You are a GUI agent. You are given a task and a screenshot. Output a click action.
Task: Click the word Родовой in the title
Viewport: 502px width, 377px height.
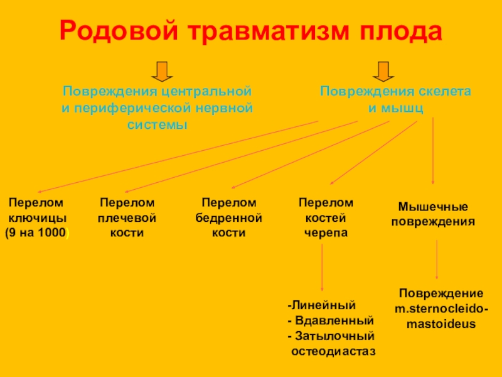119,31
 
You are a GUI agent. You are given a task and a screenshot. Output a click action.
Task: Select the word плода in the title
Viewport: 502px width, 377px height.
400,31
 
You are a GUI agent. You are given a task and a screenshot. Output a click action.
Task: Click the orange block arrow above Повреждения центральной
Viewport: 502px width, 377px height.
162,72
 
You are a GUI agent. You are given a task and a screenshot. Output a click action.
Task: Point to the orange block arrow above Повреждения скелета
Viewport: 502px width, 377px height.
383,72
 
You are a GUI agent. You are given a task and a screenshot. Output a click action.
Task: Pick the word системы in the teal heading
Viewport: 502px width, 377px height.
158,124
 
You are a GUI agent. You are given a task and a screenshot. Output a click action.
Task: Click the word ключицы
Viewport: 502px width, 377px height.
38,218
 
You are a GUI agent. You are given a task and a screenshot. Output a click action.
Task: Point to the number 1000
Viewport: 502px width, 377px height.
51,232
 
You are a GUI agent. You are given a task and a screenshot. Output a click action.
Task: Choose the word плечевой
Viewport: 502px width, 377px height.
127,218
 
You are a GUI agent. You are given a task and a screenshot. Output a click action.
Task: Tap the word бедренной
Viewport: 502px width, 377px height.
228,218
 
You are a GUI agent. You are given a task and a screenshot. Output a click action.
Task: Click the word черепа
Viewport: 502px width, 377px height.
326,233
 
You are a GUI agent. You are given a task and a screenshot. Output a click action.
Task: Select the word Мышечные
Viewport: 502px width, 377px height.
433,207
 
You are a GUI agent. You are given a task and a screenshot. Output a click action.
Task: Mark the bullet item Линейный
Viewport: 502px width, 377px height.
321,305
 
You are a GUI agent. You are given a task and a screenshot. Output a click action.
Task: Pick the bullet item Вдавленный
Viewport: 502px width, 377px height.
331,320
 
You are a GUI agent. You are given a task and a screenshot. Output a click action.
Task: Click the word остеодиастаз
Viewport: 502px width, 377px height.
333,352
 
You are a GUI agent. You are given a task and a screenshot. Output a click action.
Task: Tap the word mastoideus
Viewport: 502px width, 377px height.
441,324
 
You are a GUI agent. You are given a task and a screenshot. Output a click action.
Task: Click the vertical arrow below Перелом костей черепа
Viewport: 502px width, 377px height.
322,268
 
